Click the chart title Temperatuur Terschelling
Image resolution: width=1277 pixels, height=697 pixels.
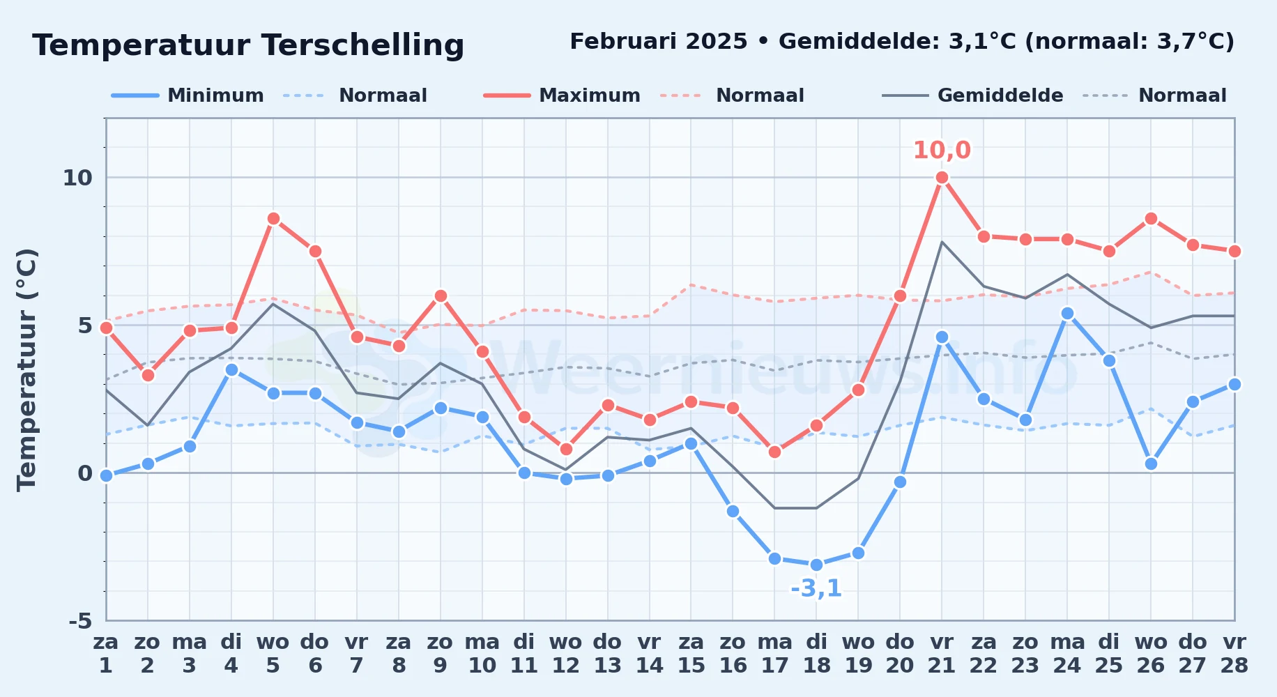(x=248, y=45)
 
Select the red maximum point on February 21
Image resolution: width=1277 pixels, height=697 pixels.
(x=942, y=177)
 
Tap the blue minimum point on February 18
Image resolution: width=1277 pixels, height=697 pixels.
(x=816, y=565)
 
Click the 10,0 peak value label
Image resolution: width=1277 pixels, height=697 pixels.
(x=942, y=150)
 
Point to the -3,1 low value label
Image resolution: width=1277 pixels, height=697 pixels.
(x=816, y=588)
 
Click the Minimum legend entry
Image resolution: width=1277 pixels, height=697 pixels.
(x=188, y=95)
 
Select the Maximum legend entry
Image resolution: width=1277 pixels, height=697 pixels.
(x=562, y=95)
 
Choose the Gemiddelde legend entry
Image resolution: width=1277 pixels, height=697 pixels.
(x=972, y=95)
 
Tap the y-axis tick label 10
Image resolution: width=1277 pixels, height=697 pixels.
(x=77, y=178)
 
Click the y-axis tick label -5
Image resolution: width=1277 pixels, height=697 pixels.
(x=80, y=621)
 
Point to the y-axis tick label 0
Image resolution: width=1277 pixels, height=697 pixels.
(x=85, y=473)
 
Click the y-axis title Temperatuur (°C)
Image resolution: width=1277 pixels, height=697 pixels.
(x=26, y=369)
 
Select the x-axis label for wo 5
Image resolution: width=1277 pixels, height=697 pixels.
(x=273, y=653)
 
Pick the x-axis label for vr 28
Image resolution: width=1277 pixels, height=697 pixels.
(x=1234, y=653)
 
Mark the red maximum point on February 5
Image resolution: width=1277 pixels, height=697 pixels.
(x=273, y=218)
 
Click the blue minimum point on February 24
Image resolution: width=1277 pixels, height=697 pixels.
(x=1067, y=313)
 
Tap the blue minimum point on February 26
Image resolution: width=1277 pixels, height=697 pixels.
(x=1151, y=464)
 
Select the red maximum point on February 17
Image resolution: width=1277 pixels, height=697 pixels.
(x=774, y=452)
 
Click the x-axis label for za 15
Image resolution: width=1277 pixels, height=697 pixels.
(x=691, y=653)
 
